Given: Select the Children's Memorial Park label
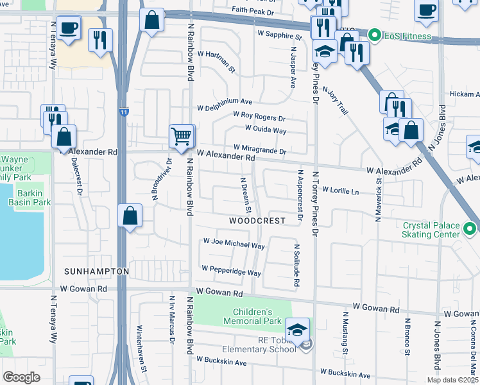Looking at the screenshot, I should pos(253,316).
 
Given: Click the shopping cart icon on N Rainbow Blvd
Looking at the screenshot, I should pos(182,136).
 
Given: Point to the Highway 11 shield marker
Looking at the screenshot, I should pos(123,112).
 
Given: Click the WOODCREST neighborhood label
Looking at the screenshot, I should pos(257,220).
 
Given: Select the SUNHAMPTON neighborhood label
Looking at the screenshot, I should pos(96,271).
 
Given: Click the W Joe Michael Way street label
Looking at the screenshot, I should pos(234,244).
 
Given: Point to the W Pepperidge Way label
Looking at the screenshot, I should pos(230,269).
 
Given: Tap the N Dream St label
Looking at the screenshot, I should pos(246,196).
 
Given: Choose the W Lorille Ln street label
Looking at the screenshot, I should pos(340,191).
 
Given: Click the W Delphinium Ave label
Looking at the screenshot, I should pos(225,101).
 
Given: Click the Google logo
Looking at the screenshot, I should pos(21,377).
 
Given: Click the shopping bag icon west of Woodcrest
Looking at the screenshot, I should pos(130,216).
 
